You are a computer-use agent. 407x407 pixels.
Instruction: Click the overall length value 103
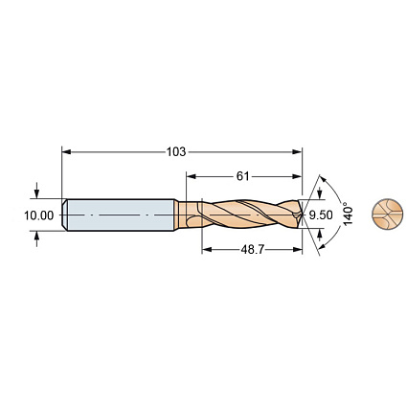(x=176, y=151)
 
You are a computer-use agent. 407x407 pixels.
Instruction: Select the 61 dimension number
(x=242, y=176)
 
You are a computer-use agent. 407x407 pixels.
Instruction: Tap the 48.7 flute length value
(x=253, y=250)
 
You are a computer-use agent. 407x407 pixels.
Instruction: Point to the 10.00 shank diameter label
(x=39, y=215)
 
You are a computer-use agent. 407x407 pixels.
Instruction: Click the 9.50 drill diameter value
(x=321, y=215)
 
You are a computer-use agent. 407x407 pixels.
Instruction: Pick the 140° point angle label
(x=348, y=214)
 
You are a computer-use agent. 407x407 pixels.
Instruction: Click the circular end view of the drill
(x=386, y=215)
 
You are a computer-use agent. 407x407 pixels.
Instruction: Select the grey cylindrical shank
(x=120, y=215)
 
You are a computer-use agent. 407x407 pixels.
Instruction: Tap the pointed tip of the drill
(x=302, y=215)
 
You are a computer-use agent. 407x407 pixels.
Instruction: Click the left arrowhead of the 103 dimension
(x=66, y=151)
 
